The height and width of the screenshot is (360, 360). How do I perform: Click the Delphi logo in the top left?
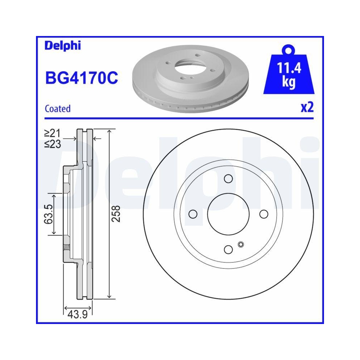tap(63, 45)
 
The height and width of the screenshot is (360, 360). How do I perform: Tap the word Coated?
tap(57, 108)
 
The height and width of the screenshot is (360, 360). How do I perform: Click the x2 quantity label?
tap(307, 108)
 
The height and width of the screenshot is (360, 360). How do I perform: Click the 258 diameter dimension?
tap(116, 214)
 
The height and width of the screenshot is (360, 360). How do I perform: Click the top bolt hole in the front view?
tap(228, 179)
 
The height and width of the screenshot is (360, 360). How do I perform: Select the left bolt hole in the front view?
tap(193, 214)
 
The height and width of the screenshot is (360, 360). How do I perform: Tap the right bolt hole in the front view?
tap(264, 214)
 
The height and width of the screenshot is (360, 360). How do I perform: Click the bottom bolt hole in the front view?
tap(228, 249)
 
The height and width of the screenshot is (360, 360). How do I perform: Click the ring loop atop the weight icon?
tap(289, 49)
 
